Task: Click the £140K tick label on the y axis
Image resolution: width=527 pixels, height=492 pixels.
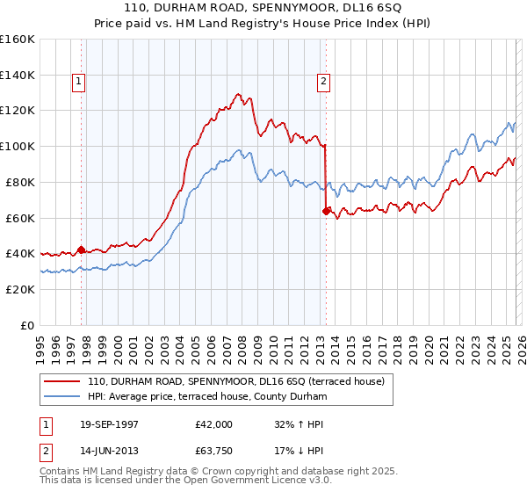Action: click(x=18, y=75)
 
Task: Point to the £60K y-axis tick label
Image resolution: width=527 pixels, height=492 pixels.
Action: click(x=20, y=218)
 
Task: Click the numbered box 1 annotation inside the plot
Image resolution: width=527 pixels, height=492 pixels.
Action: click(x=78, y=82)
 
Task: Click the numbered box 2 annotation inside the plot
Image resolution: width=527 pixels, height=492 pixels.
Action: click(x=323, y=82)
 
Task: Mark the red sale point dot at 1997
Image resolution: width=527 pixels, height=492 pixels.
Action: click(x=82, y=250)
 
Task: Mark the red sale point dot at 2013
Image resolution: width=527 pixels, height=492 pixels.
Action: click(x=326, y=211)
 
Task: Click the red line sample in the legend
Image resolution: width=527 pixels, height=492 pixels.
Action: click(x=62, y=382)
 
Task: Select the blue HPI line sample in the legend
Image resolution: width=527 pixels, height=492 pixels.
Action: click(x=62, y=397)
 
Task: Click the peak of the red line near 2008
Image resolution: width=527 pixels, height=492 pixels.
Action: click(x=238, y=93)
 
